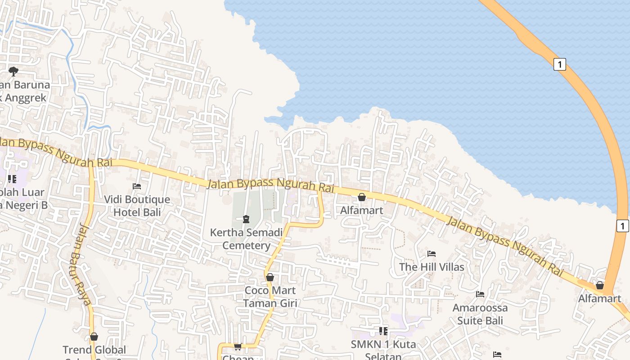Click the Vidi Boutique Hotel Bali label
click(137, 206)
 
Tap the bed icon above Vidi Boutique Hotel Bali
click(137, 186)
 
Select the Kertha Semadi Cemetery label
click(246, 239)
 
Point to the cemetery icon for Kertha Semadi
click(246, 219)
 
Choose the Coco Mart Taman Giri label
click(270, 297)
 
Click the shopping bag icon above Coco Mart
click(270, 277)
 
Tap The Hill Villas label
click(432, 267)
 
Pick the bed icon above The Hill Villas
click(432, 254)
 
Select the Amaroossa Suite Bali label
click(480, 314)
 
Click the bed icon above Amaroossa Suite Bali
click(480, 294)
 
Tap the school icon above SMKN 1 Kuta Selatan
click(383, 331)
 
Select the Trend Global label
click(94, 350)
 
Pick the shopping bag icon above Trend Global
click(94, 337)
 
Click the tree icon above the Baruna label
click(13, 71)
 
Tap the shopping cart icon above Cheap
click(238, 346)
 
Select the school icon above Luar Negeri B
click(12, 179)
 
